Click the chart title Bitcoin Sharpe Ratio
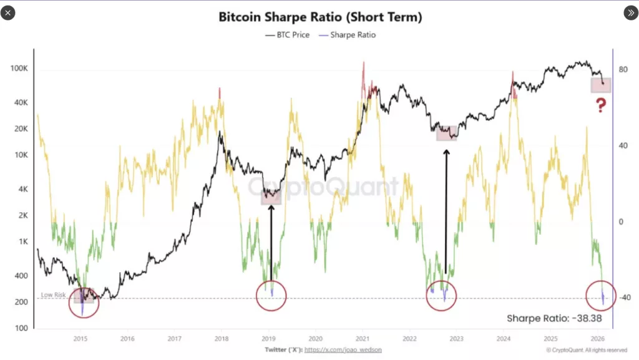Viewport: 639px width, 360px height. coord(319,17)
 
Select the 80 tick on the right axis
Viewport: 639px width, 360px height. coord(622,70)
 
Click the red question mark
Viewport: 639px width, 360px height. coord(600,105)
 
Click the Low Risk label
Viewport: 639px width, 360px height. coord(54,294)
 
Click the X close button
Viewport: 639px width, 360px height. coord(7,12)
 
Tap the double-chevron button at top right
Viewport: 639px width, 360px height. coord(630,12)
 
